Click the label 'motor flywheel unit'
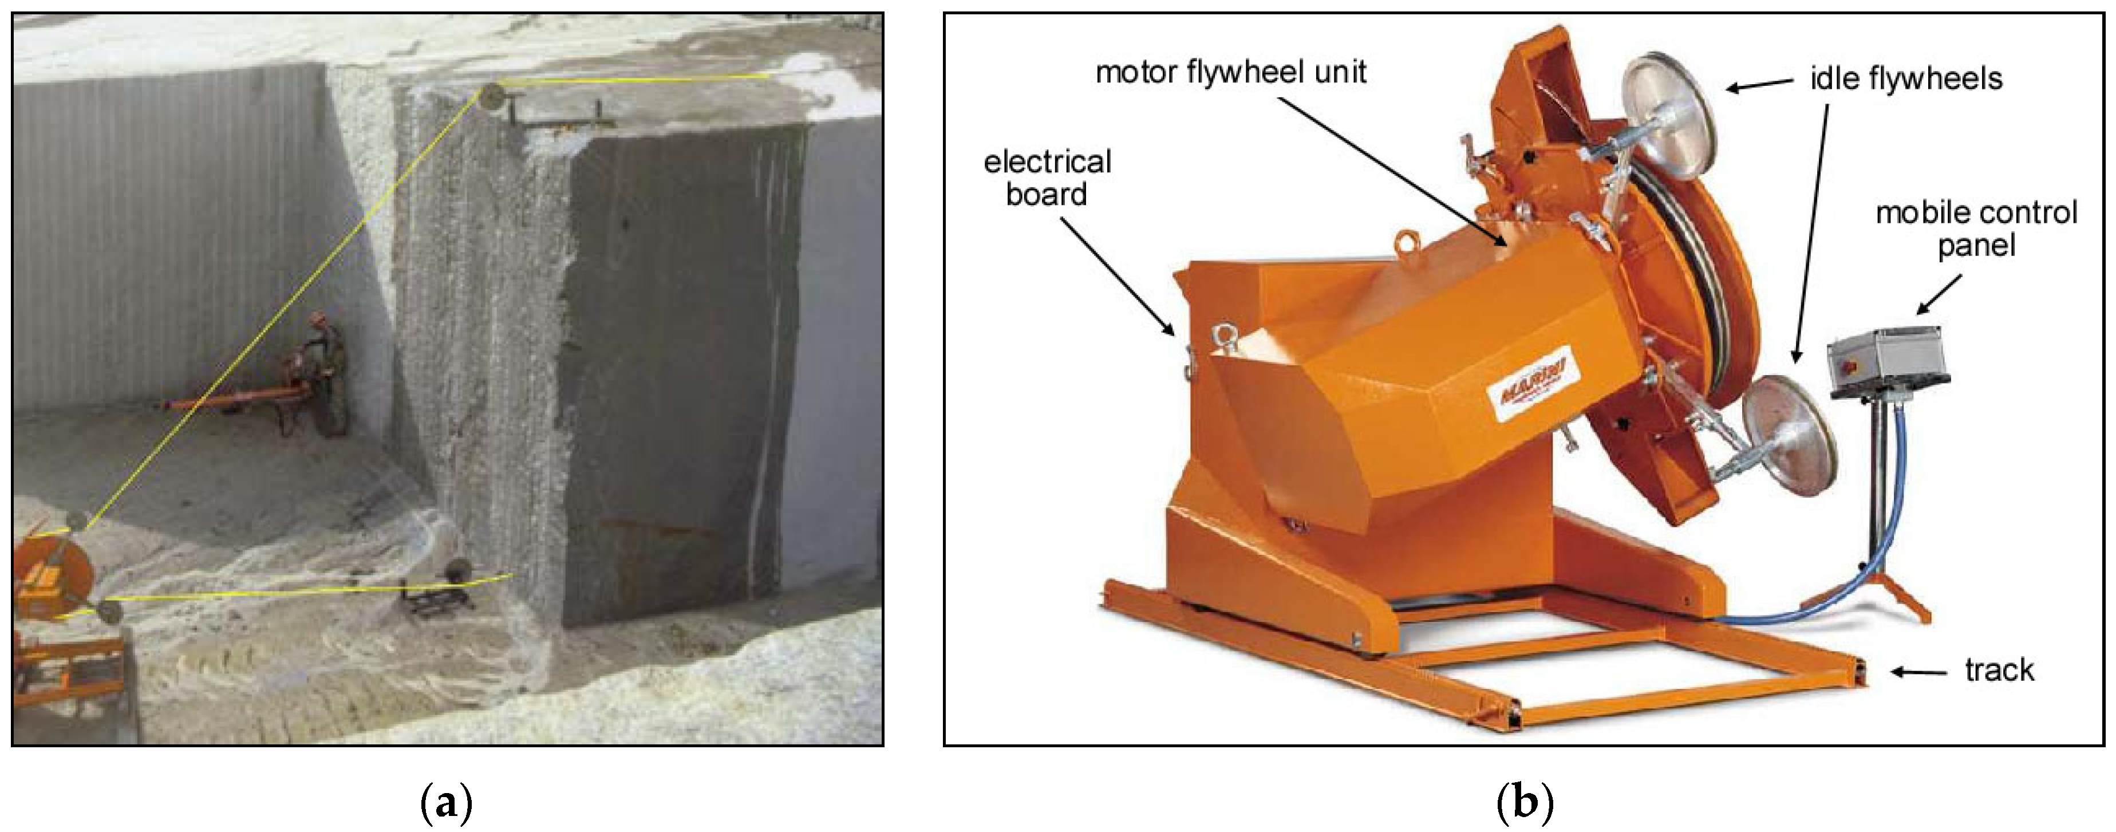(x=1230, y=72)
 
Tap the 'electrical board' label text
(x=1047, y=178)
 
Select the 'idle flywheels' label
(x=1906, y=79)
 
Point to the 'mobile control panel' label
(x=1976, y=228)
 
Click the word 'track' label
(x=1999, y=670)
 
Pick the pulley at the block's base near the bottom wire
(x=457, y=569)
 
